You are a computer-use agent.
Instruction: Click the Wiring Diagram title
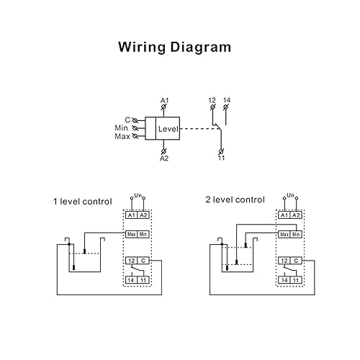[x=175, y=48]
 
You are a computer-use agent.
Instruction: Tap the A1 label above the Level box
[x=164, y=99]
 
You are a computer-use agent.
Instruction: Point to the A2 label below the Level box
[x=164, y=158]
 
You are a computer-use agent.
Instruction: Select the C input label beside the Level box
[x=127, y=119]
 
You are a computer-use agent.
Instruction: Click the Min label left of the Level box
[x=122, y=127]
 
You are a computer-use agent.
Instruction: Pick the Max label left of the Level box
[x=122, y=136]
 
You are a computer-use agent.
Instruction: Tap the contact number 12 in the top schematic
[x=212, y=99]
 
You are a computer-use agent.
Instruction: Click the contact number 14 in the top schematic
[x=226, y=99]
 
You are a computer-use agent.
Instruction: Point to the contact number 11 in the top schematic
[x=221, y=158]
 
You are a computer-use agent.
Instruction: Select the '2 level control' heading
[x=235, y=199]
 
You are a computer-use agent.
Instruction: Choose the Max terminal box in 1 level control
[x=131, y=234]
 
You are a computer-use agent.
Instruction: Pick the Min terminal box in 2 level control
[x=296, y=234]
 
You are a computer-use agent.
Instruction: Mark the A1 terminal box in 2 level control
[x=284, y=215]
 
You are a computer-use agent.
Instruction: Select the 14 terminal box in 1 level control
[x=131, y=279]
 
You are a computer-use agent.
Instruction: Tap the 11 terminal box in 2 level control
[x=296, y=279]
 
